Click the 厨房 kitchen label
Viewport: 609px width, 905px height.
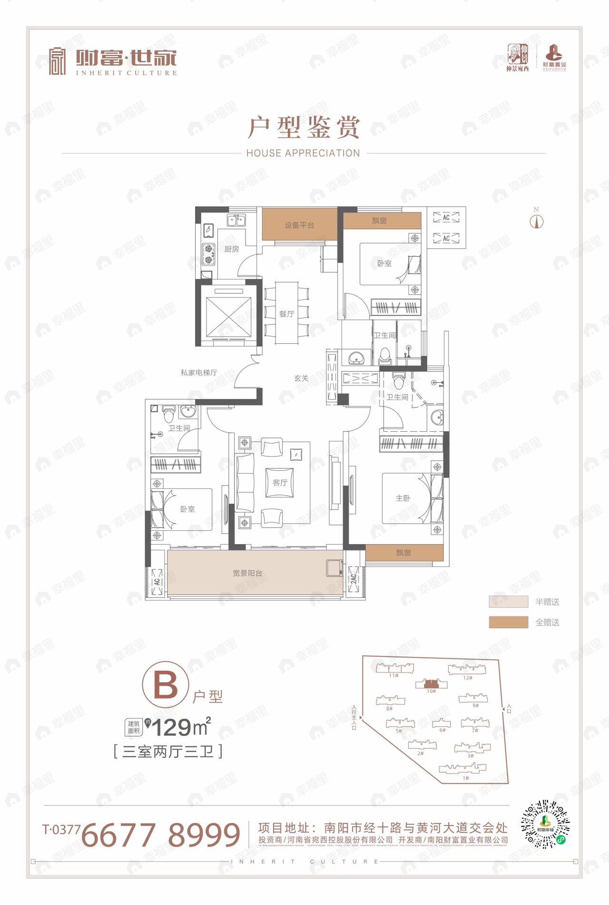click(232, 249)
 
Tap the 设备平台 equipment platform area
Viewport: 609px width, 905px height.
click(299, 225)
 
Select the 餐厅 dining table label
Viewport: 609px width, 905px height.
click(286, 314)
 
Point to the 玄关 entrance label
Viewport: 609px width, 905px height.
click(301, 378)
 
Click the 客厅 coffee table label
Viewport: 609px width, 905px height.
click(280, 483)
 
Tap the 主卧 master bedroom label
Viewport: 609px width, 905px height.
click(403, 498)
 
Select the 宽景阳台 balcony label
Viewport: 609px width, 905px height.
click(247, 573)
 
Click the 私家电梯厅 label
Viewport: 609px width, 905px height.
click(199, 372)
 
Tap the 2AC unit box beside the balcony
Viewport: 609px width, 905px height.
click(354, 579)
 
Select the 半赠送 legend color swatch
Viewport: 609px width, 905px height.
click(508, 602)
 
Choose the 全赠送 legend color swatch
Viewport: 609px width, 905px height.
click(508, 622)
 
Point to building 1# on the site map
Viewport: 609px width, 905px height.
click(463, 768)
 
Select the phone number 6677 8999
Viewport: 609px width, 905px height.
click(161, 835)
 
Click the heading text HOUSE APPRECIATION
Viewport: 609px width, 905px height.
click(303, 153)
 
